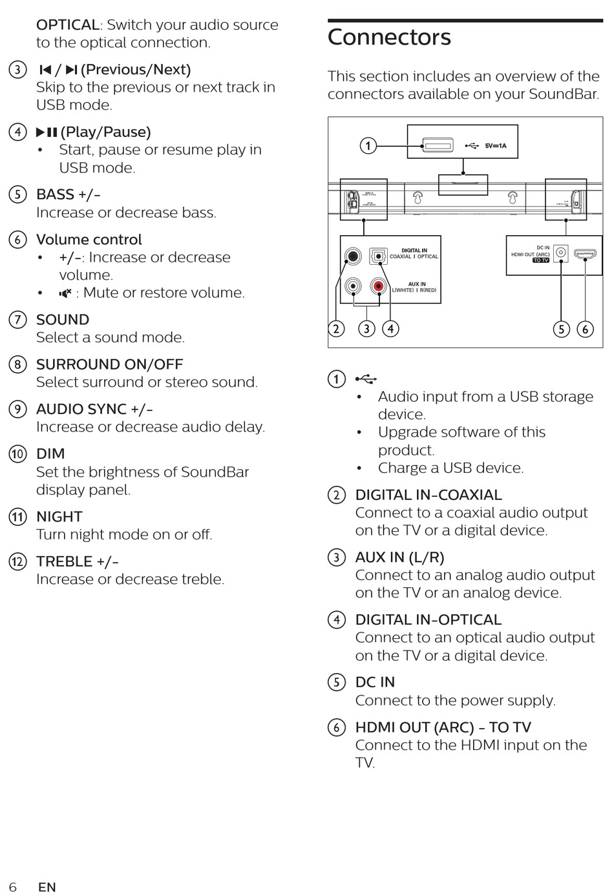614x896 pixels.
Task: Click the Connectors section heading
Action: point(389,37)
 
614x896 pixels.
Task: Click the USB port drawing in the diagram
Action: point(438,145)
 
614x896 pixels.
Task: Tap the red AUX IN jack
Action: point(378,285)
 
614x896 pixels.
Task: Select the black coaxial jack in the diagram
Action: point(353,256)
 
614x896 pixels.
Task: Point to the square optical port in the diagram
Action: point(378,256)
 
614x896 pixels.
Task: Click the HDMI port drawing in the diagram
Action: point(585,254)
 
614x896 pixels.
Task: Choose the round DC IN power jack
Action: point(561,253)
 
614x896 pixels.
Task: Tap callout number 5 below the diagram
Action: point(561,329)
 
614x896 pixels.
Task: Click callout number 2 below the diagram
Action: point(336,329)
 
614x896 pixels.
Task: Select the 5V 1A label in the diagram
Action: point(496,146)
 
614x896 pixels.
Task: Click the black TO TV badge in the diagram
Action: point(541,260)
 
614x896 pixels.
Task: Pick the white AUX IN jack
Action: point(353,285)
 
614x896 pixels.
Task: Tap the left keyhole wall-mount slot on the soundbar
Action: point(419,197)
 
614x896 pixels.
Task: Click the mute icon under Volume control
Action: point(65,293)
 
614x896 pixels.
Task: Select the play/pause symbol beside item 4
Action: point(47,132)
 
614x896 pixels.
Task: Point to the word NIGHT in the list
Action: point(59,517)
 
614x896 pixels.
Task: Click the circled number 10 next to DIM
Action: point(17,454)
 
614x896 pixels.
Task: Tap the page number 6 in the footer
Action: point(13,887)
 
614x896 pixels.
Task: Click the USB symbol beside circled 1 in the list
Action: point(366,379)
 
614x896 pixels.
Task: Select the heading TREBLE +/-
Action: point(78,561)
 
